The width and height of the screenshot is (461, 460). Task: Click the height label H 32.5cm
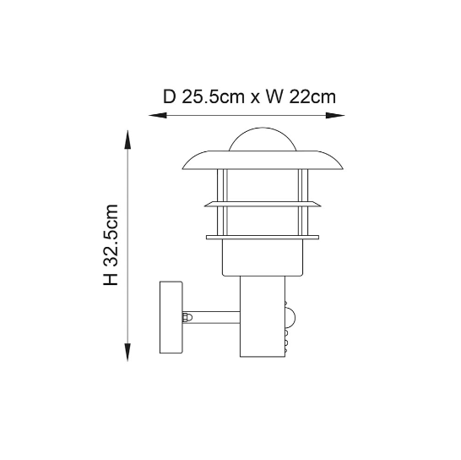coord(111,244)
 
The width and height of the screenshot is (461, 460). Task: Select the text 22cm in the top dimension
coord(312,97)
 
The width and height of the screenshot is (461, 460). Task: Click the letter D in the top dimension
coord(169,97)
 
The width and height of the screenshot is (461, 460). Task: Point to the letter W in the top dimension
coord(275,97)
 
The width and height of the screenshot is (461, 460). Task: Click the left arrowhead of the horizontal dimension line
coord(157,116)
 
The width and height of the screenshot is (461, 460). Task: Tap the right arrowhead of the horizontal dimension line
coord(335,116)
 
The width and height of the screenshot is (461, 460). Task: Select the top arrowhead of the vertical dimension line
coord(127,140)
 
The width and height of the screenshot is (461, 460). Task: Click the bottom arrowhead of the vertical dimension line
coord(127,353)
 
